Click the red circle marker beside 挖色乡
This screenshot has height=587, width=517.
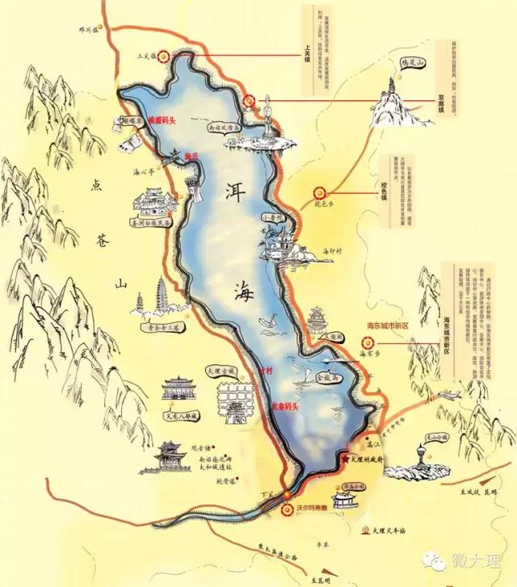coord(319,193)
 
